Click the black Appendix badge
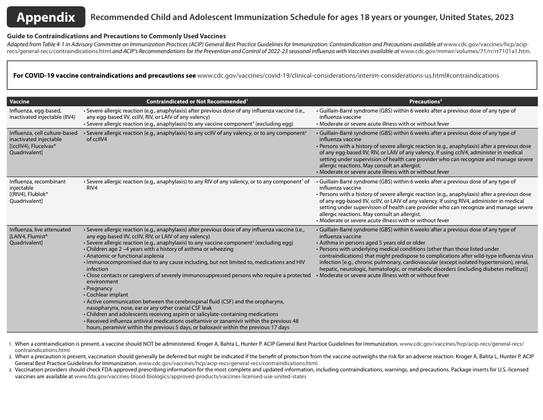pos(46,17)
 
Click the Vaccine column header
pos(19,101)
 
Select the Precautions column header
pos(425,101)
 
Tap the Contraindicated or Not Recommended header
pos(197,101)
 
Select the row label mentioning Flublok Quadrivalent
pos(37,191)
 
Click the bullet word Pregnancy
pos(99,289)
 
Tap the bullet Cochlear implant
pos(107,295)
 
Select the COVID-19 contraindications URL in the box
pos(348,75)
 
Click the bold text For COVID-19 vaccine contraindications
pos(104,75)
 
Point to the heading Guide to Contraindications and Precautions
pos(117,36)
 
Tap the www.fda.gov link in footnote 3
pos(186,377)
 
